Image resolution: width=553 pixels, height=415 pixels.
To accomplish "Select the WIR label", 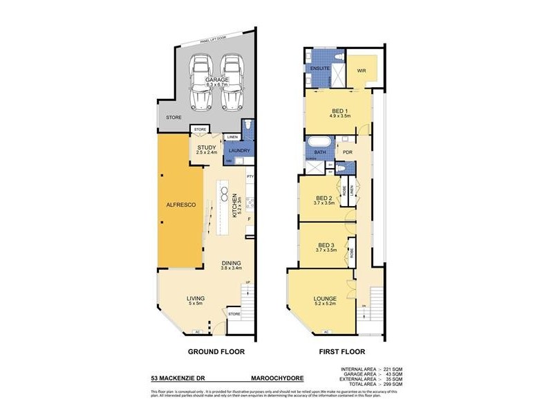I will point(361,71).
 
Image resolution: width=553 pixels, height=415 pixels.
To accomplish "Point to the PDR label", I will point(348,152).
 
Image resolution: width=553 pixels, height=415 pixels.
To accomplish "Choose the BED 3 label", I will point(325,247).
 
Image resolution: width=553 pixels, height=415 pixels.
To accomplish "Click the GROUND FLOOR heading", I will point(217,352).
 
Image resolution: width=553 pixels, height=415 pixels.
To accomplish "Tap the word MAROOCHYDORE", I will point(277,378).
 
